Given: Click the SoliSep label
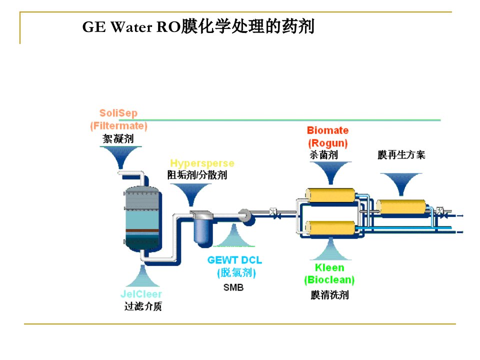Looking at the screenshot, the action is [x=118, y=113].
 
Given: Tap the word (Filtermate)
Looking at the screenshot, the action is [x=119, y=126].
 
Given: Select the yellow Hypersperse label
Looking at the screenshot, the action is [x=202, y=163].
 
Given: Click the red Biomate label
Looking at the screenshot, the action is [x=328, y=130].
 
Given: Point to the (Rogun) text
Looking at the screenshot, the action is [x=328, y=143].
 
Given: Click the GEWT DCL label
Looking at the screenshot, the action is [x=235, y=260].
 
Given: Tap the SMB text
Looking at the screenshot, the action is [x=233, y=287].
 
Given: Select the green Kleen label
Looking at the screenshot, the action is [x=329, y=267].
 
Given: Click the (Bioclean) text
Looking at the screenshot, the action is [x=329, y=280].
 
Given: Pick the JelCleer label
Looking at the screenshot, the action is [x=141, y=294].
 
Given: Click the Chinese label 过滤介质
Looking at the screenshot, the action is [x=143, y=306].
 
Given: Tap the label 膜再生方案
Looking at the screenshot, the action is [x=401, y=154].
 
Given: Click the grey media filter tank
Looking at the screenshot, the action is [x=142, y=219].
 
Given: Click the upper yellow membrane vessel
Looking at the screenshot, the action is [x=330, y=195].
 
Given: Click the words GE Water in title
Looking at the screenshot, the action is [x=117, y=26].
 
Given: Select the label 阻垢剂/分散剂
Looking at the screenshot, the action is [x=197, y=175].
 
